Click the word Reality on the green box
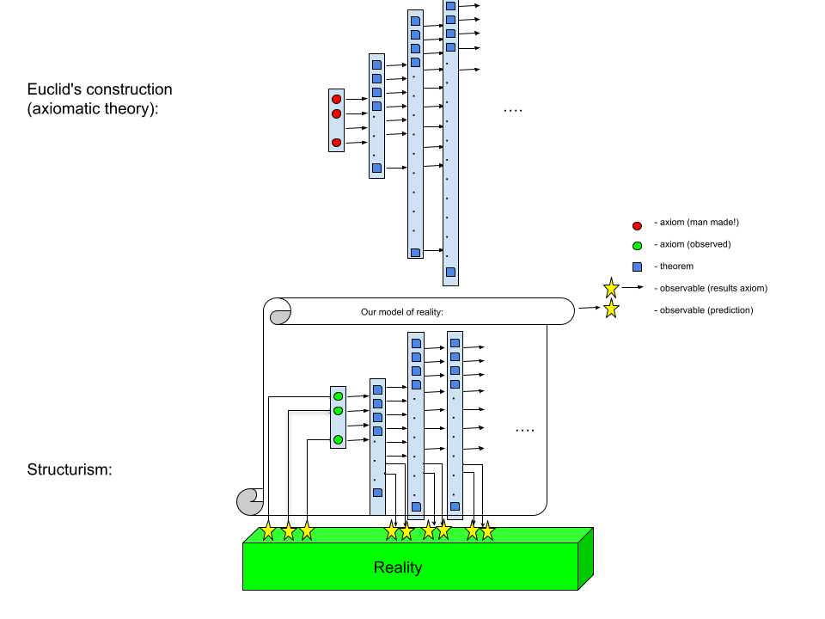coord(397,567)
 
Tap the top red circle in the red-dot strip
coord(336,99)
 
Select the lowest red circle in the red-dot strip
coord(336,143)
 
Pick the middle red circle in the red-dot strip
coord(336,113)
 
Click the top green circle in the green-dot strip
coord(338,396)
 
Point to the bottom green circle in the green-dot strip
coord(338,439)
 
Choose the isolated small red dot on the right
coord(637,226)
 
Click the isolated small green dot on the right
coord(637,246)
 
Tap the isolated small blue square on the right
coord(637,267)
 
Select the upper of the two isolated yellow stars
coord(611,288)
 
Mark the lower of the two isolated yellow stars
coord(611,309)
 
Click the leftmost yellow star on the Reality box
coord(268,530)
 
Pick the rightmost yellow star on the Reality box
coord(487,531)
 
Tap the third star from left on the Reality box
coord(307,530)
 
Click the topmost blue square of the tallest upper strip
coord(450,6)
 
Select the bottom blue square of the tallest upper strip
coord(450,272)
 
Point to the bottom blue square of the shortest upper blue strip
coord(376,168)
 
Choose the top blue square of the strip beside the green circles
coord(377,389)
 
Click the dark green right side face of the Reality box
coord(585,559)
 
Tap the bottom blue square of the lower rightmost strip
coord(455,506)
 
